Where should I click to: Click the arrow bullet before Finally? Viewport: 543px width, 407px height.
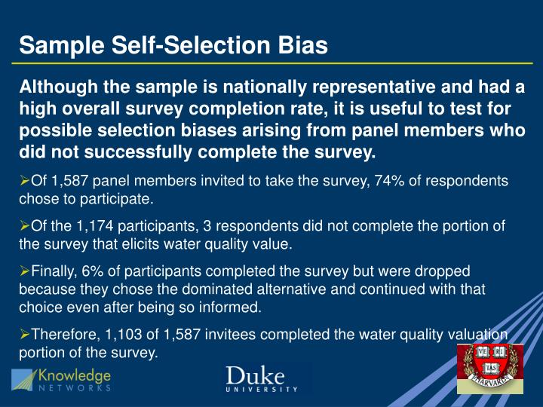pyautogui.click(x=24, y=271)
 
